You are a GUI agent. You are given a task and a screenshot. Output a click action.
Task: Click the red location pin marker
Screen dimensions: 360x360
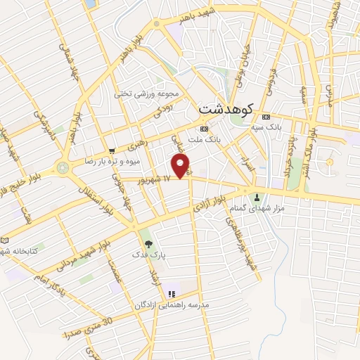click(x=182, y=167)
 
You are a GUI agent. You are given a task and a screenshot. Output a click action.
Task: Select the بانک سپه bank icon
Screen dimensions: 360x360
click(x=266, y=117)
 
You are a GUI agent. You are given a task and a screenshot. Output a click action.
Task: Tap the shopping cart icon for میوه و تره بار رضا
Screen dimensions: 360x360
click(x=112, y=150)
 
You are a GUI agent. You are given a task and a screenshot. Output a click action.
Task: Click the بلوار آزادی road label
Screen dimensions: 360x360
click(x=221, y=204)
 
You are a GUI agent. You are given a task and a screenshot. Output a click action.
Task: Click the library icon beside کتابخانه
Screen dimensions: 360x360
click(x=5, y=240)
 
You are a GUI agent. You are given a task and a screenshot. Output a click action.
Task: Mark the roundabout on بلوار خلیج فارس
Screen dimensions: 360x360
click(x=64, y=168)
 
